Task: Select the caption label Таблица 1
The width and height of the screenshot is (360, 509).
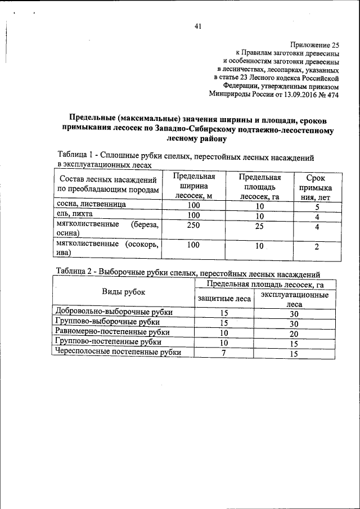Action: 77,155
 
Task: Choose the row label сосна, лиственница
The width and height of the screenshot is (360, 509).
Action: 89,206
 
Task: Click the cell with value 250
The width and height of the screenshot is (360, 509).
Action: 194,226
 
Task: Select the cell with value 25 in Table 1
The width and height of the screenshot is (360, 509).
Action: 259,226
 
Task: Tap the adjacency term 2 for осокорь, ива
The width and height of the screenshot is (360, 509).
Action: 318,247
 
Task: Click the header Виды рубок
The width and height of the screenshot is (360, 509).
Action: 123,292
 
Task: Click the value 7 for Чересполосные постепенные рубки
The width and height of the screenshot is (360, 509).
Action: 224,352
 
